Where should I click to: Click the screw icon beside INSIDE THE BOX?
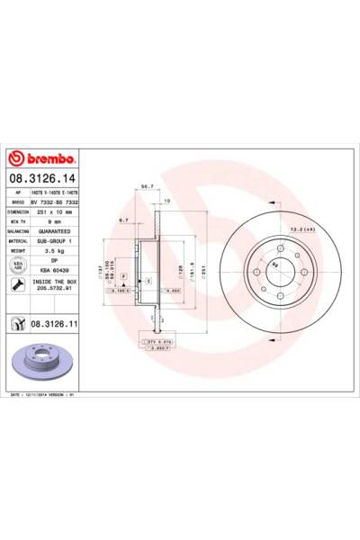17,285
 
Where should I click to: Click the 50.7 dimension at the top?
148,187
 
